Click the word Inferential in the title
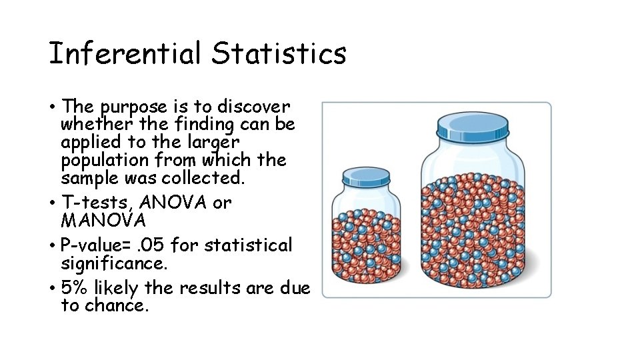(x=126, y=54)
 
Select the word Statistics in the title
(x=279, y=54)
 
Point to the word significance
(x=113, y=263)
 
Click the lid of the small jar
(x=370, y=176)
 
